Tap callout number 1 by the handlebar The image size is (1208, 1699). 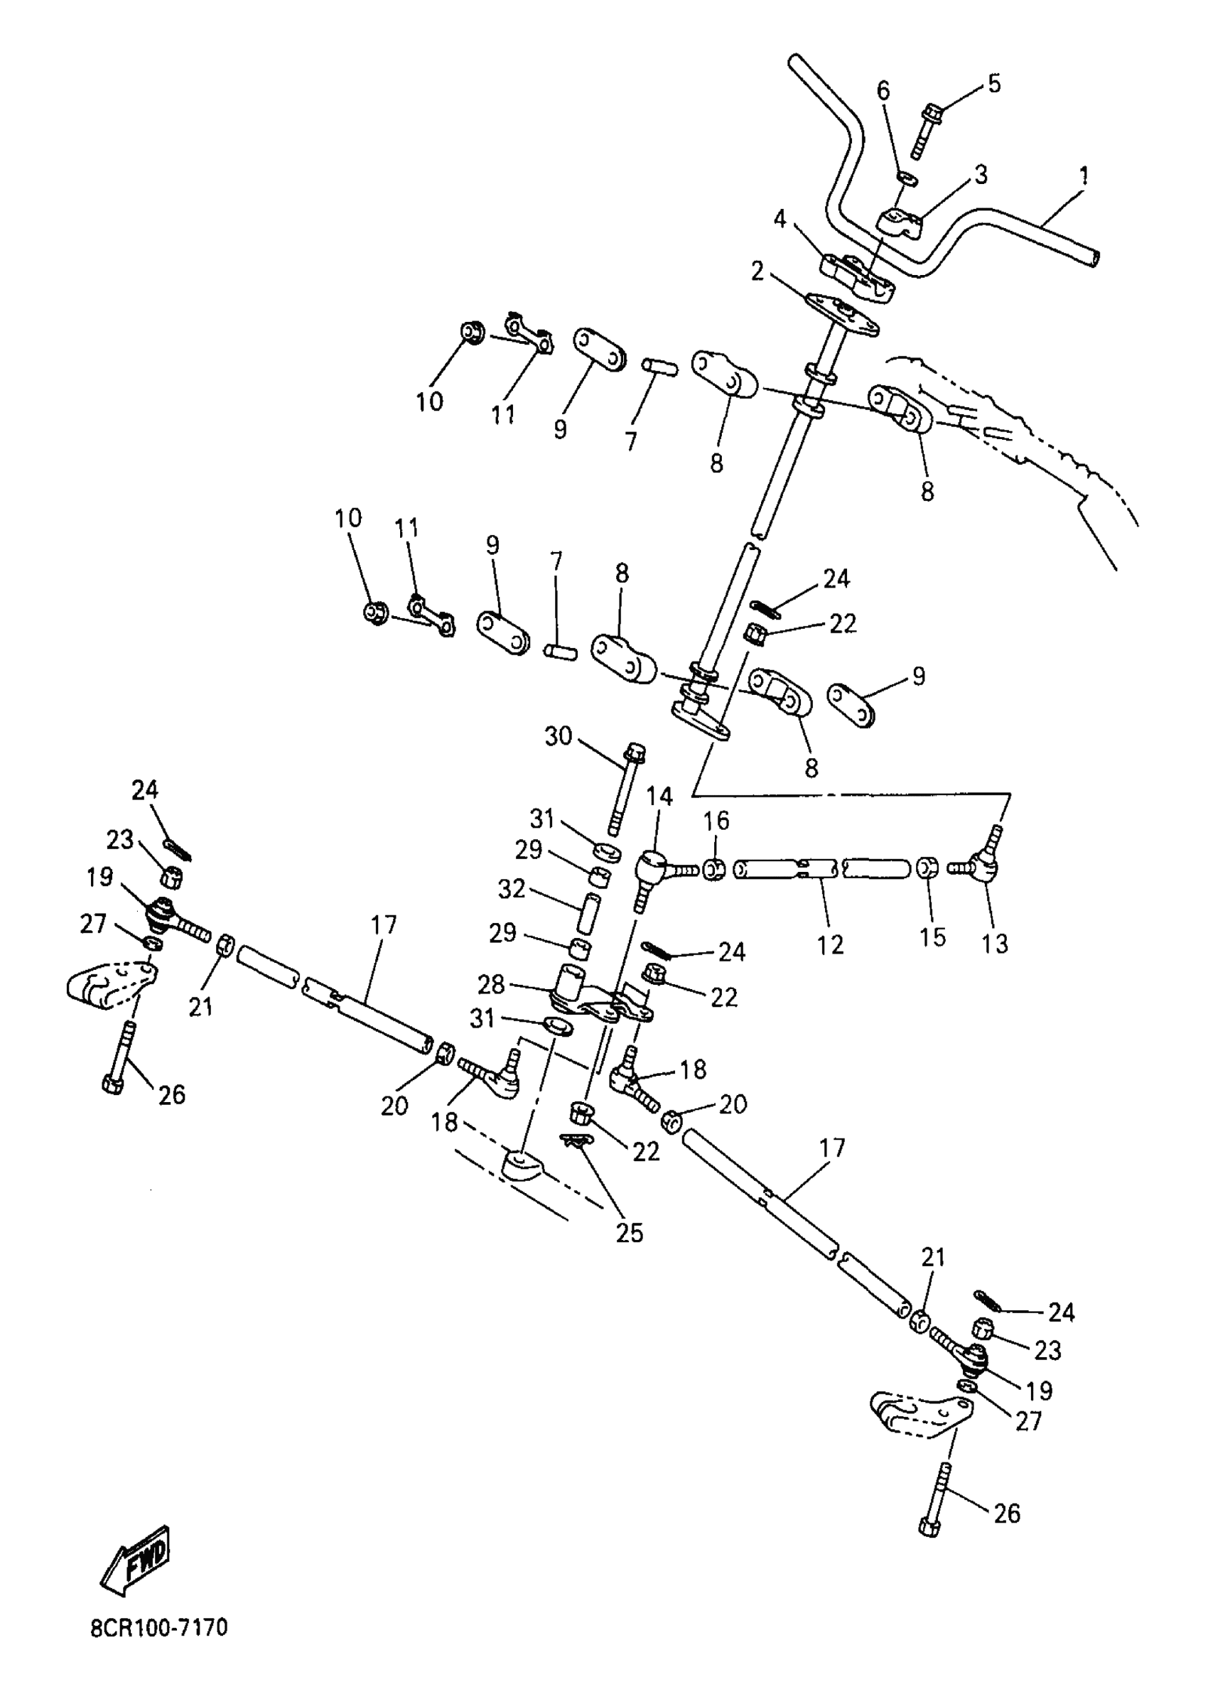point(1084,176)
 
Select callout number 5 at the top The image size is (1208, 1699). point(994,83)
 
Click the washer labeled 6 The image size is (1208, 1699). point(907,178)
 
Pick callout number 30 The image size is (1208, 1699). point(558,736)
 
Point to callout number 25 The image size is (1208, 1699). point(630,1233)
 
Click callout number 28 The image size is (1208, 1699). point(491,984)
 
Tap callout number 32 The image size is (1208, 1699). point(512,888)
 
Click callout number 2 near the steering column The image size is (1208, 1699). point(757,271)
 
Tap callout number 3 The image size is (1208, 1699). point(981,176)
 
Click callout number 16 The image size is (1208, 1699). point(716,821)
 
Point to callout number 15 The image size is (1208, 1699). point(932,937)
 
